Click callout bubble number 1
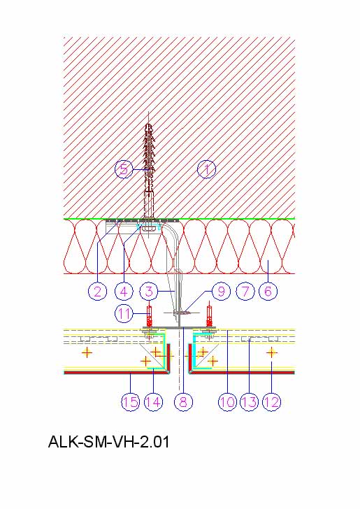pyautogui.click(x=207, y=169)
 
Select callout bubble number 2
pyautogui.click(x=97, y=291)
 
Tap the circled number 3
pyautogui.click(x=149, y=291)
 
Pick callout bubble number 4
pyautogui.click(x=124, y=291)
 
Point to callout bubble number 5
pyautogui.click(x=124, y=169)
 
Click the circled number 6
pyautogui.click(x=268, y=291)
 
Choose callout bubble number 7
pyautogui.click(x=245, y=291)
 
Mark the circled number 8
pyautogui.click(x=183, y=402)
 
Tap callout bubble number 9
pyautogui.click(x=221, y=291)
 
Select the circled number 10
pyautogui.click(x=228, y=402)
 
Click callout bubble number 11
pyautogui.click(x=124, y=314)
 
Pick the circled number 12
pyautogui.click(x=272, y=402)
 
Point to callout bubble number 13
pyautogui.click(x=250, y=402)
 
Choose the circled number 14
pyautogui.click(x=153, y=402)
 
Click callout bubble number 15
pyautogui.click(x=131, y=402)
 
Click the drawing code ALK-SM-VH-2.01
pyautogui.click(x=109, y=442)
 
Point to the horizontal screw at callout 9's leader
pyautogui.click(x=182, y=313)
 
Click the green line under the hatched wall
pyautogui.click(x=179, y=219)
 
